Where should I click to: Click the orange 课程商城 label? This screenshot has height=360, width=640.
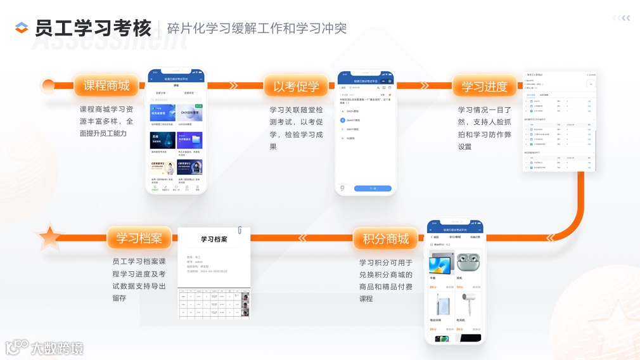point(106,86)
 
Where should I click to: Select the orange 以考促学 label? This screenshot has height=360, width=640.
point(296,86)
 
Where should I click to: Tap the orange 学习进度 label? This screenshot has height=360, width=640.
point(484,86)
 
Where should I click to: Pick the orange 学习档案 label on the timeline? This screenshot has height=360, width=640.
point(139,238)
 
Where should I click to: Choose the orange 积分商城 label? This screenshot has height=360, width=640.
point(386,239)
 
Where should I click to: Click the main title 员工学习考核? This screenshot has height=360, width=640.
point(93,29)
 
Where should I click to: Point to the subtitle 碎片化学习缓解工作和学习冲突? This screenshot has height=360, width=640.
point(257,29)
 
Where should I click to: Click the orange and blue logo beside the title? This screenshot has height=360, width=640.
point(22,28)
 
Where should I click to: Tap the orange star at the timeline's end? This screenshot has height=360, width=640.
point(49,238)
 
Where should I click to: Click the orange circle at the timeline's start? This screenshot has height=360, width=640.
point(48,86)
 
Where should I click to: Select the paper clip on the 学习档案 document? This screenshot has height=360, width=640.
point(241,230)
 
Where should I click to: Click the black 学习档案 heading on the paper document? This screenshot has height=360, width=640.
point(214,240)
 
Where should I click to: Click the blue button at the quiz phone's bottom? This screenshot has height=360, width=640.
point(373,188)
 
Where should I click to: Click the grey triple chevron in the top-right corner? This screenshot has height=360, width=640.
point(621,18)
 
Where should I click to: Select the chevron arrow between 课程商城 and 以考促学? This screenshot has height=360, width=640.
point(233,86)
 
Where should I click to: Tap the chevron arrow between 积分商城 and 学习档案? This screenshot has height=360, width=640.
point(303,238)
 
